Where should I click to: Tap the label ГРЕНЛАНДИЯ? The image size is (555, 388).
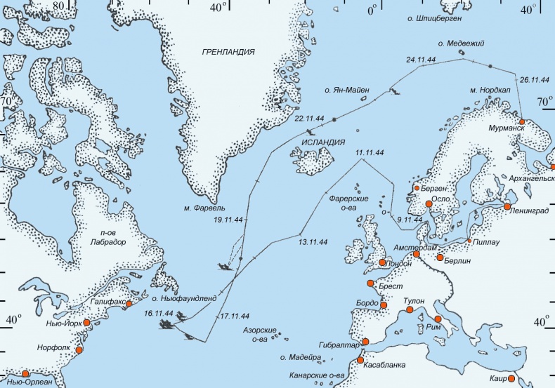tap(227, 52)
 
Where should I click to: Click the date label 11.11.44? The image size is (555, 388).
tap(370, 152)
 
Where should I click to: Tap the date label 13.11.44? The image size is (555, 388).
tap(313, 242)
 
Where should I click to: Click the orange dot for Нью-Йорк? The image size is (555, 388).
tap(87, 323)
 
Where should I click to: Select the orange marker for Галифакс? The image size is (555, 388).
tap(129, 303)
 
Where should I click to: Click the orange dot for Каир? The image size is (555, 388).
tap(511, 379)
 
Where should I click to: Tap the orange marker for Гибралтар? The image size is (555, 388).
tap(364, 342)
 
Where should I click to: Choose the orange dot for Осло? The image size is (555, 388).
tap(429, 203)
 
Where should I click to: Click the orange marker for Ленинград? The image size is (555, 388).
tap(507, 206)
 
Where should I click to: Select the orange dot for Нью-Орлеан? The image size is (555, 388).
tap(26, 373)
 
